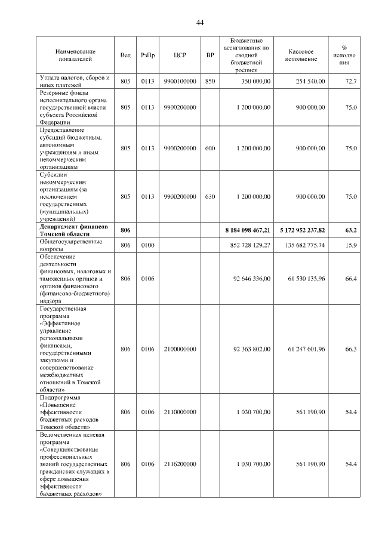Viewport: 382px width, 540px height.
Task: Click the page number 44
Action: pyautogui.click(x=200, y=23)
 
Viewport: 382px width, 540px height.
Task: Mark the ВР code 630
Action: pyautogui.click(x=210, y=196)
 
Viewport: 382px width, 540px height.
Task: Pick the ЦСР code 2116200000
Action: pyautogui.click(x=180, y=464)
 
